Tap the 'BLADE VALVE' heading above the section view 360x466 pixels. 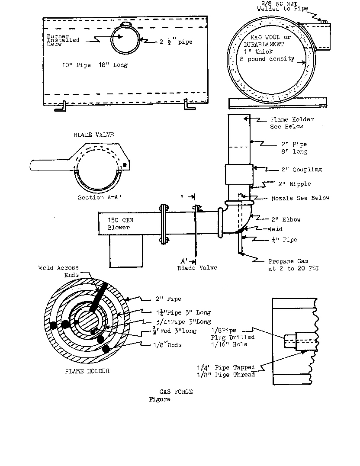(x=93, y=135)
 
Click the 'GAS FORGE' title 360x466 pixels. (x=176, y=392)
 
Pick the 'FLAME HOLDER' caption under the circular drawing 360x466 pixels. (x=87, y=371)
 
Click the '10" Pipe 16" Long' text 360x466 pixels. (x=95, y=65)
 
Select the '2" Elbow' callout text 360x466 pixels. (x=286, y=219)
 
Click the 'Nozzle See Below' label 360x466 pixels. (x=300, y=198)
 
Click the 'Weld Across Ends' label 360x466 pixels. (x=59, y=271)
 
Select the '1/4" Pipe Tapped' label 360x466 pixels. (x=225, y=367)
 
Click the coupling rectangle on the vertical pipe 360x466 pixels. (x=239, y=174)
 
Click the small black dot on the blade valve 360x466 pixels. (x=125, y=165)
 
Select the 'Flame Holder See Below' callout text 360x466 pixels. (x=292, y=123)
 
